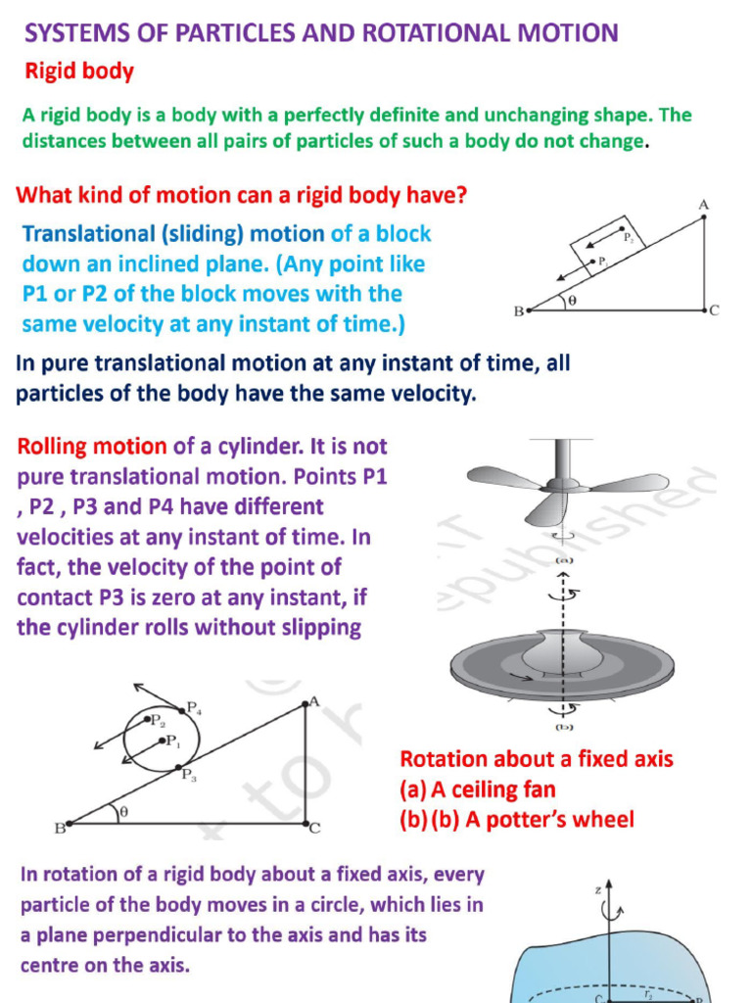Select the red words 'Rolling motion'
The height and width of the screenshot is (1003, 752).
pos(92,448)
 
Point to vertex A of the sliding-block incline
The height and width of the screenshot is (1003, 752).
pos(703,205)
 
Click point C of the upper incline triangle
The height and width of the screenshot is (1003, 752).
pos(714,310)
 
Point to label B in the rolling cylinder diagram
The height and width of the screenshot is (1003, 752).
pos(59,829)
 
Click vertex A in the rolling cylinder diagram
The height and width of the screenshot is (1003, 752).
pos(313,701)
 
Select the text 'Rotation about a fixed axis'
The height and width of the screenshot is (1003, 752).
pos(536,759)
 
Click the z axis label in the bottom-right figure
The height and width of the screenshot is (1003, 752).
pos(597,890)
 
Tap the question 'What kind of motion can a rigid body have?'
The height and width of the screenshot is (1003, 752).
pos(241,195)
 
